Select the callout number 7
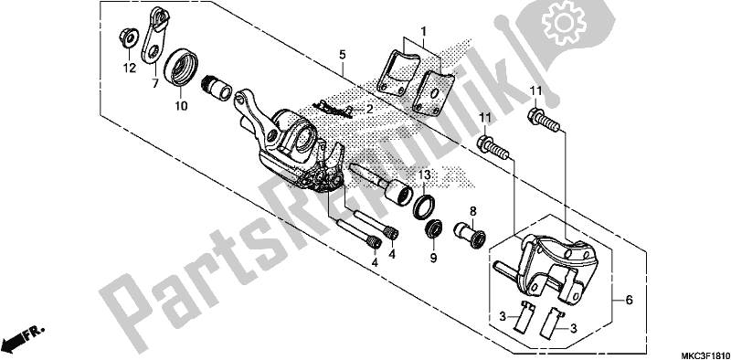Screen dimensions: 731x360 [154, 84]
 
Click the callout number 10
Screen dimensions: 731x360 [181, 105]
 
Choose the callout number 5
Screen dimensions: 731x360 [342, 55]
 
